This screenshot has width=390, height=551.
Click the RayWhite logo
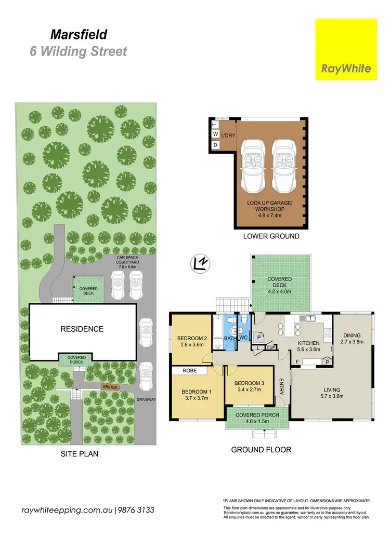[x=346, y=49]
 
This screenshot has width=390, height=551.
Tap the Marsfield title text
[x=79, y=35]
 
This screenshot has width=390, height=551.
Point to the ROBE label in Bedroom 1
[x=189, y=371]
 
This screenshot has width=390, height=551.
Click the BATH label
[x=230, y=339]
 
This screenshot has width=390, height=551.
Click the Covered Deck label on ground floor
[x=280, y=282]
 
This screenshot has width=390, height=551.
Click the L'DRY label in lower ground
[x=228, y=136]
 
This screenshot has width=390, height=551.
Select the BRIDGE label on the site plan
[x=110, y=387]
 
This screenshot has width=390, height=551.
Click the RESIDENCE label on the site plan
[x=82, y=329]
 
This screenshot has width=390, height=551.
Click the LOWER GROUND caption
[x=271, y=236]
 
